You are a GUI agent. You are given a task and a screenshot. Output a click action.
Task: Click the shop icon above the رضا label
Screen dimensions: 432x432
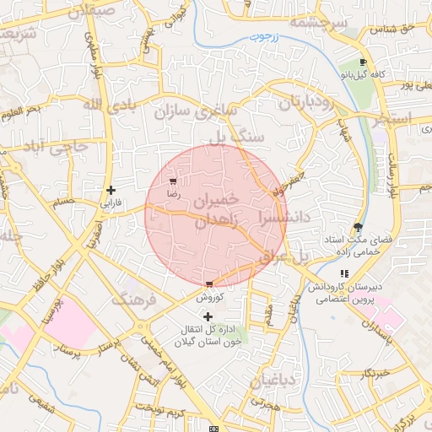point(173,181)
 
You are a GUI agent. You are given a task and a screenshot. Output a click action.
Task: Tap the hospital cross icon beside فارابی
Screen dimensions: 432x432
point(111,190)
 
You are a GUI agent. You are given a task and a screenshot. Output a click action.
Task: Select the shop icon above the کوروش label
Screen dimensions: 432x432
point(209,284)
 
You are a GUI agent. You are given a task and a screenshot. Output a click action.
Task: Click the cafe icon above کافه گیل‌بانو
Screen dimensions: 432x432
point(363,62)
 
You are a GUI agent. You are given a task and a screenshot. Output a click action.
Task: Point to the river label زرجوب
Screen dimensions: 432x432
point(265,38)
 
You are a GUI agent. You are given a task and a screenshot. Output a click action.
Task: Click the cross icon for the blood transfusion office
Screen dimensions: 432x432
point(208,316)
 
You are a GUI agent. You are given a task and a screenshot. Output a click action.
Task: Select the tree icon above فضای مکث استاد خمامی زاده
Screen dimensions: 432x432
point(359,227)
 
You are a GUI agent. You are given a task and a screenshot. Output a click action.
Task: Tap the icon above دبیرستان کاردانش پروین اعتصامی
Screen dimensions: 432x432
point(344,273)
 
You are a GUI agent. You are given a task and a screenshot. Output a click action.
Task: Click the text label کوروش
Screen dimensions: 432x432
point(208,298)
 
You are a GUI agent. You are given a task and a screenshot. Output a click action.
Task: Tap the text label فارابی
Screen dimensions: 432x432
point(111,203)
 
